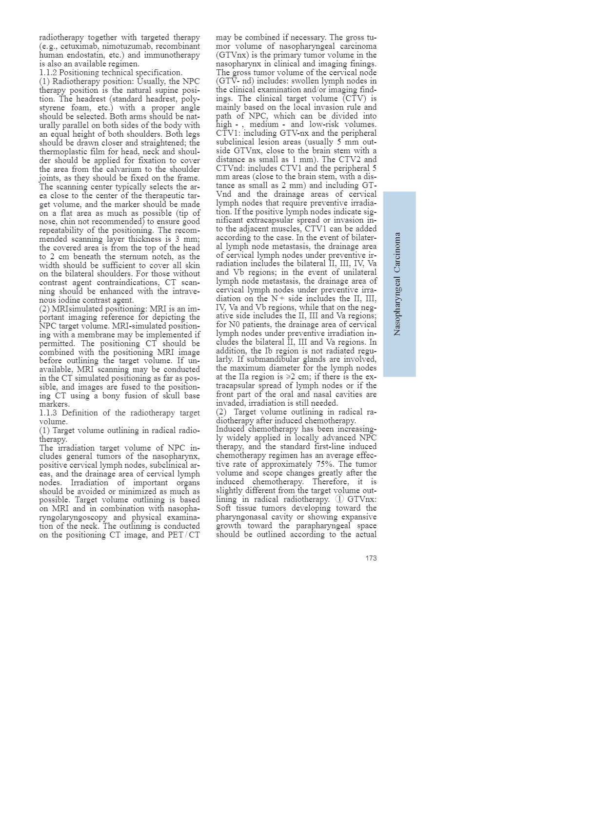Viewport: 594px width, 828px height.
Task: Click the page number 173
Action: coord(371,558)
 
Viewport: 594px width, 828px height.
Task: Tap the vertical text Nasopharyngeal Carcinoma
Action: coord(397,284)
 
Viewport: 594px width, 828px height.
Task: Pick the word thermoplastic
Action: coord(65,151)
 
